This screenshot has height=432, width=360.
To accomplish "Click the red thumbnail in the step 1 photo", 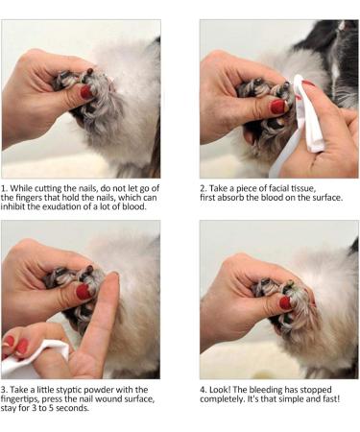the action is pyautogui.click(x=86, y=92).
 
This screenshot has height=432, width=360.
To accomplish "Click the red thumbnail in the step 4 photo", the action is pyautogui.click(x=285, y=302).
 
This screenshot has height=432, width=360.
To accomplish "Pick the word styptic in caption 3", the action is pyautogui.click(x=69, y=390).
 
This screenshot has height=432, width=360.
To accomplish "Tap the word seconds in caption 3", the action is pyautogui.click(x=73, y=408).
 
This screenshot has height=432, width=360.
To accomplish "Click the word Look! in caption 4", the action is pyautogui.click(x=220, y=390).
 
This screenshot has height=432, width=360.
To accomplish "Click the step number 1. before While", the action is pyautogui.click(x=4, y=188).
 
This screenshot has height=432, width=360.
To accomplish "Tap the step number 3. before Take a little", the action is pyautogui.click(x=4, y=390).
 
